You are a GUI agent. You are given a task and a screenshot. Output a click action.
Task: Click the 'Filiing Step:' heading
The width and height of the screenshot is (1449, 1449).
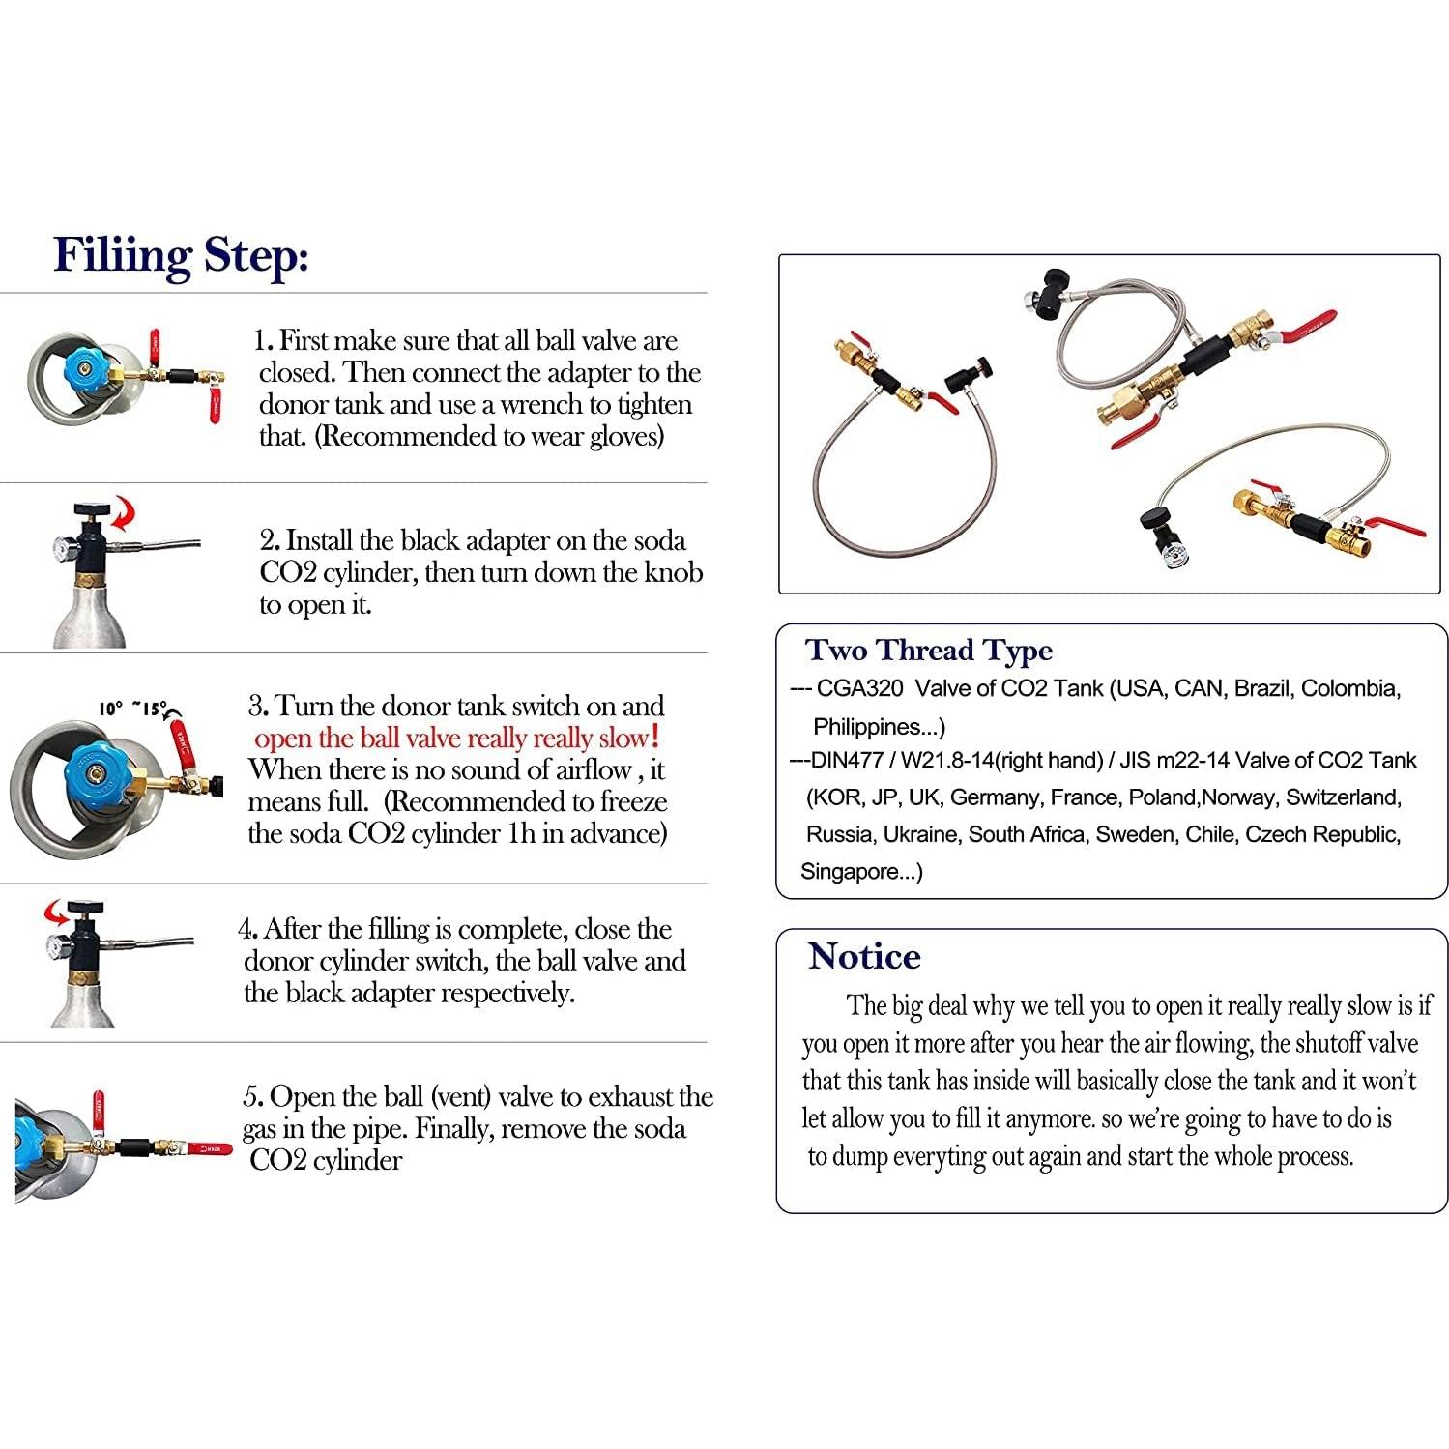click(x=181, y=256)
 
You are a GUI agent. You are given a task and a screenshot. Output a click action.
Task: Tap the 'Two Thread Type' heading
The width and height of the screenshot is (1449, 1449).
click(x=929, y=652)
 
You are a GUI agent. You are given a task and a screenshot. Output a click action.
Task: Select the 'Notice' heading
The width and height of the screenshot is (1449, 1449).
click(x=864, y=956)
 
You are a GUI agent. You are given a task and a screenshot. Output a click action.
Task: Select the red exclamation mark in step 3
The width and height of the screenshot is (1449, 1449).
click(x=656, y=737)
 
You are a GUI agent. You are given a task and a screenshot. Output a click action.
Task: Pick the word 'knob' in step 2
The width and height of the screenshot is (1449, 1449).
click(x=675, y=572)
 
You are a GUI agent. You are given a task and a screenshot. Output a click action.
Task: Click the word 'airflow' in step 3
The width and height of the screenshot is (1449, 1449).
click(x=592, y=769)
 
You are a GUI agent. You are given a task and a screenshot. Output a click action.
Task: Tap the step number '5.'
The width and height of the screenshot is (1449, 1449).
click(x=253, y=1097)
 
